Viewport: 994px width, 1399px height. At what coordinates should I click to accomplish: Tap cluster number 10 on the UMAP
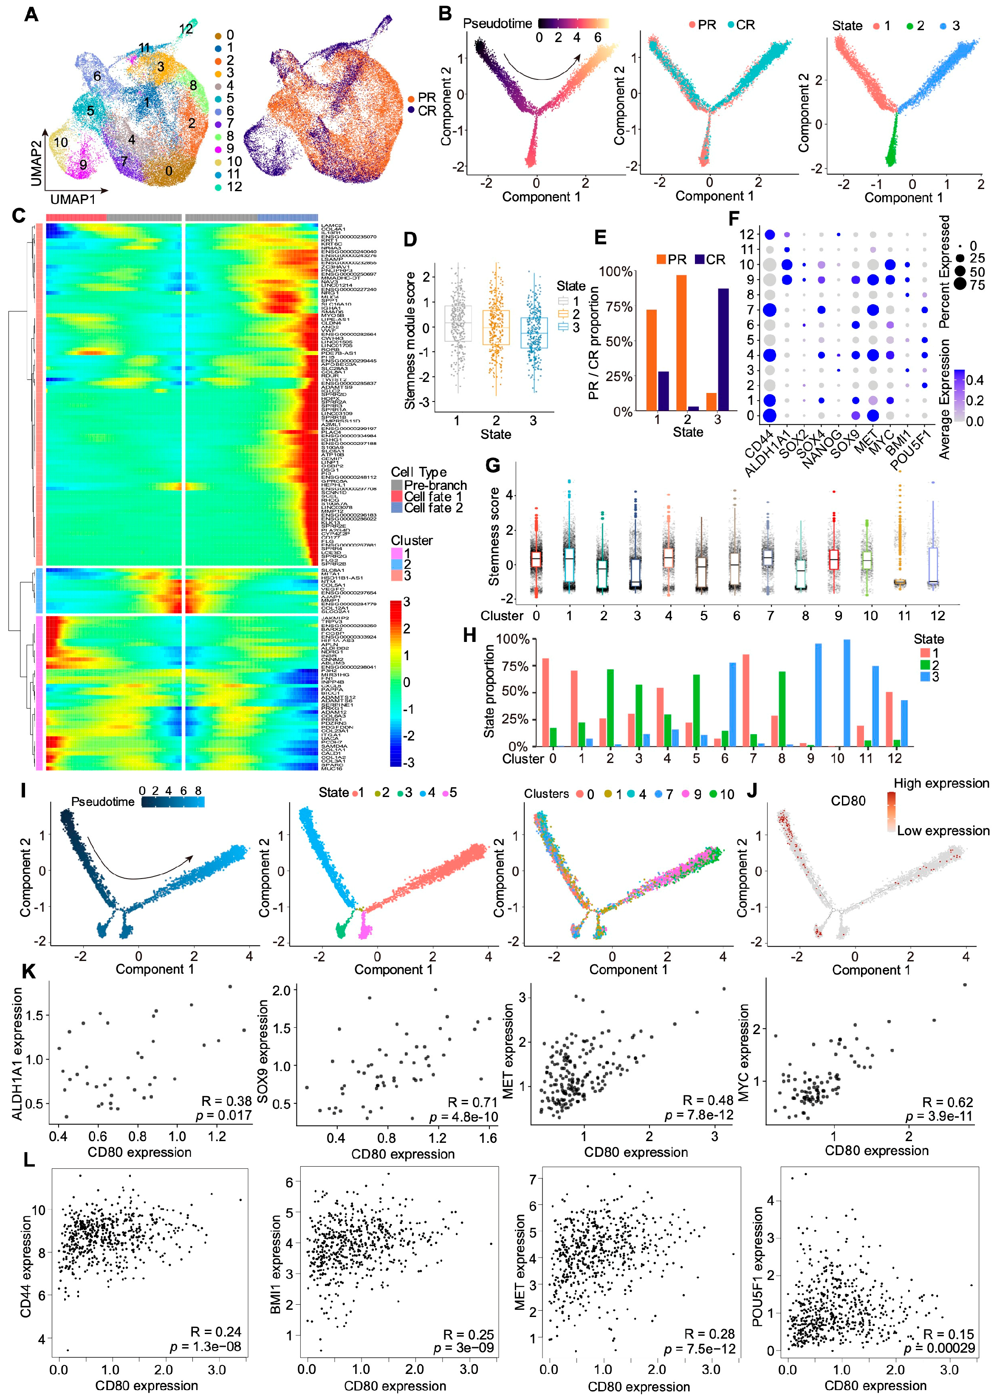(61, 143)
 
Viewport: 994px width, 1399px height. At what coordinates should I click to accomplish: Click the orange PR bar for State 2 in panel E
(681, 343)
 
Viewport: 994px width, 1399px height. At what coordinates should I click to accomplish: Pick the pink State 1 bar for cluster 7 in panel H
(746, 700)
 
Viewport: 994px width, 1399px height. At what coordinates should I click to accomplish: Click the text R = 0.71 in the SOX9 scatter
(472, 1102)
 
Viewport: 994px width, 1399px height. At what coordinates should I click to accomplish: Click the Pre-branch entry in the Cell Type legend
(435, 485)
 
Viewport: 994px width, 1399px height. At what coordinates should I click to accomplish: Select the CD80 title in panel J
(848, 800)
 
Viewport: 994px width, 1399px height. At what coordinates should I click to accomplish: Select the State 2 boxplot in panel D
(496, 328)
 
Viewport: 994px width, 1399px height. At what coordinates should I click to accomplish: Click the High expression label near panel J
(941, 783)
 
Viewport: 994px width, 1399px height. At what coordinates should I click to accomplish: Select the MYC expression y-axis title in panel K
(744, 1053)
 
